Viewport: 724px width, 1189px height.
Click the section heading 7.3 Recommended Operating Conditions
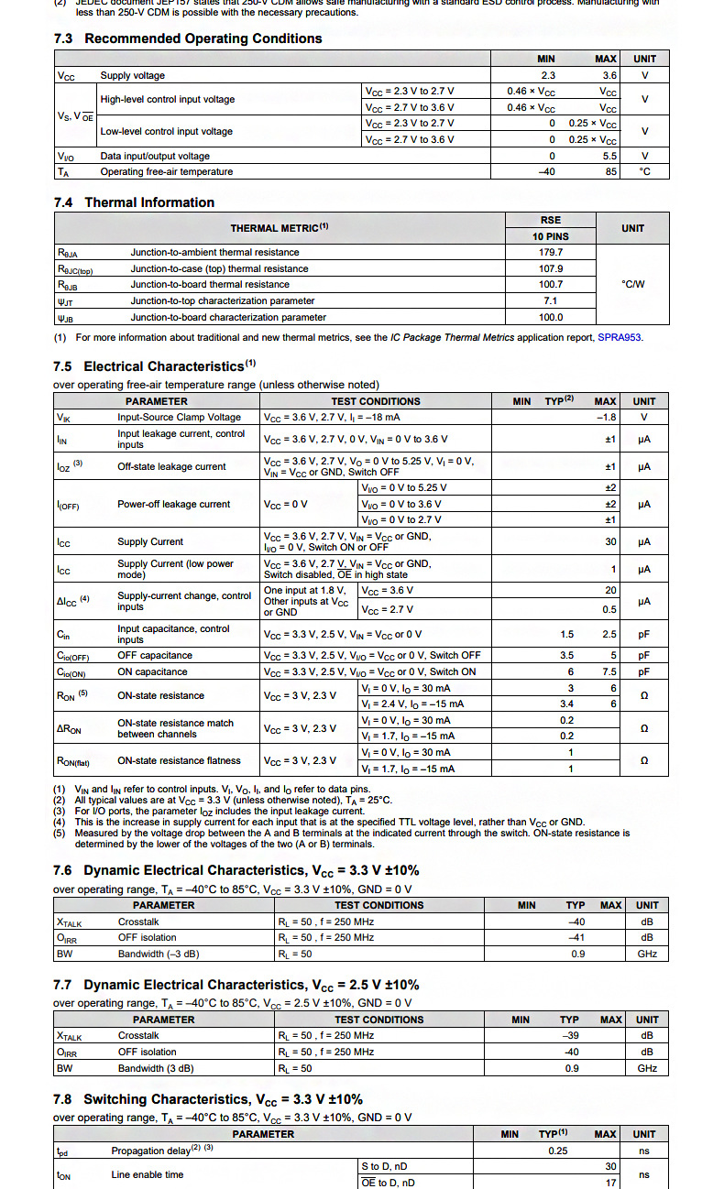tap(188, 38)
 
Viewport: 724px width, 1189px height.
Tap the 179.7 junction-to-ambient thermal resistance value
tap(551, 252)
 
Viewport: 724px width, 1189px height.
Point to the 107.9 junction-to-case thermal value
tap(551, 268)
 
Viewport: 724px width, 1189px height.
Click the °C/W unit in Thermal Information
tap(632, 284)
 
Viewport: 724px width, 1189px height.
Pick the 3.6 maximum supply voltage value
tap(609, 76)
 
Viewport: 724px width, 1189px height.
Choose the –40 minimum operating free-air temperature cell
tap(547, 171)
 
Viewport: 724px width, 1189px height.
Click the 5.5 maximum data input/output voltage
tap(609, 156)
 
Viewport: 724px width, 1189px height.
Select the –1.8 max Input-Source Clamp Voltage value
tap(606, 417)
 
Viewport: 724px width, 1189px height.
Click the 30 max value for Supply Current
tap(610, 541)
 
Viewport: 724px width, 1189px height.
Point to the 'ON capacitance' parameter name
tap(152, 671)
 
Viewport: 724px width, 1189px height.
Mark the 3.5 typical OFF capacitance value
tap(567, 655)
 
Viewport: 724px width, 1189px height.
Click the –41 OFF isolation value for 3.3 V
tap(576, 937)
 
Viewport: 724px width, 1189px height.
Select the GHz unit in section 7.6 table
tap(647, 954)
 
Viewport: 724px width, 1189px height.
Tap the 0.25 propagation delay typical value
tap(557, 1151)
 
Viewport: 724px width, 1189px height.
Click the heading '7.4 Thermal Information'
tap(134, 202)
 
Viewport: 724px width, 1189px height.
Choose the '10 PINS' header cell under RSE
tap(550, 236)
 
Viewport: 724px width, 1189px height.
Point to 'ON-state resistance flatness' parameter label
tap(179, 760)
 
